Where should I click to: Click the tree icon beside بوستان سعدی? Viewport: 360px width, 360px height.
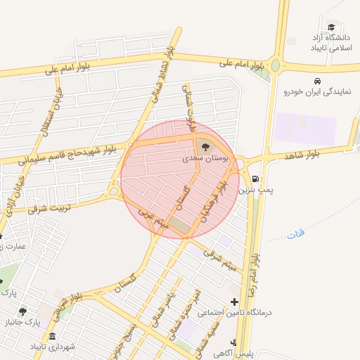(x=204, y=147)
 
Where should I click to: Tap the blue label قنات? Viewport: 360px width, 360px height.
(x=296, y=233)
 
